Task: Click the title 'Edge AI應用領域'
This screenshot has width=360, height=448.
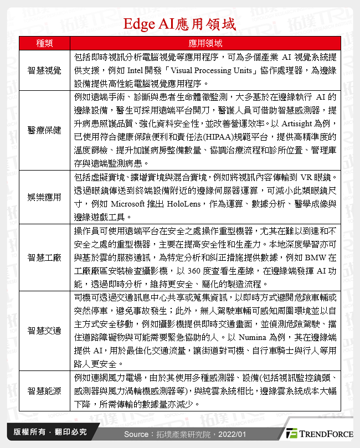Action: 180,25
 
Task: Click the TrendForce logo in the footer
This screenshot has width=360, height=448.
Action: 319,433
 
